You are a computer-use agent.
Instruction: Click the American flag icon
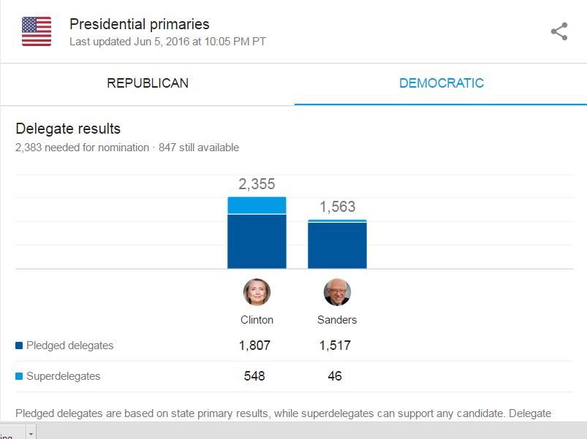(37, 31)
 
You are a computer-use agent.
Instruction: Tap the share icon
(559, 31)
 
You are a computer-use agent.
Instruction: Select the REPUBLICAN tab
(148, 83)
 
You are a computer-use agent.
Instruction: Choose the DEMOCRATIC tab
(442, 83)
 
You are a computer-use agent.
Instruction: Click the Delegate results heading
(68, 129)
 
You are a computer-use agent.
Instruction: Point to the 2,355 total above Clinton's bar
(257, 184)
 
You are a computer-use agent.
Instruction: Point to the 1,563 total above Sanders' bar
(337, 207)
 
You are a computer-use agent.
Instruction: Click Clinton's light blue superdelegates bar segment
(257, 205)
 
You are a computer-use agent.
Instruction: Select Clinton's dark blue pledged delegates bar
(257, 242)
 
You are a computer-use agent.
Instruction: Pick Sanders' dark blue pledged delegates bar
(337, 245)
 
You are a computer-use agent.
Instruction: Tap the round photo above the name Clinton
(257, 292)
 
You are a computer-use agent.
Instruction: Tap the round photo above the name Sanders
(337, 292)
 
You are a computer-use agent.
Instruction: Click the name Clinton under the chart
(257, 320)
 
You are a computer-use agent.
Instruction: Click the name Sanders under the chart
(337, 320)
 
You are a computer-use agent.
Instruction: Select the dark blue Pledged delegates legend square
(19, 346)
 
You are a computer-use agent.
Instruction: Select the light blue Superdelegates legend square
(19, 375)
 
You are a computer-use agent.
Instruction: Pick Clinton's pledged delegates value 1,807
(254, 346)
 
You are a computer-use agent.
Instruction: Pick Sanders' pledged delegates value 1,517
(335, 346)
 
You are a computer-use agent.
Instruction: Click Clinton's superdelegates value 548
(254, 375)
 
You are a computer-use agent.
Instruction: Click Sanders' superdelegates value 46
(335, 375)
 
